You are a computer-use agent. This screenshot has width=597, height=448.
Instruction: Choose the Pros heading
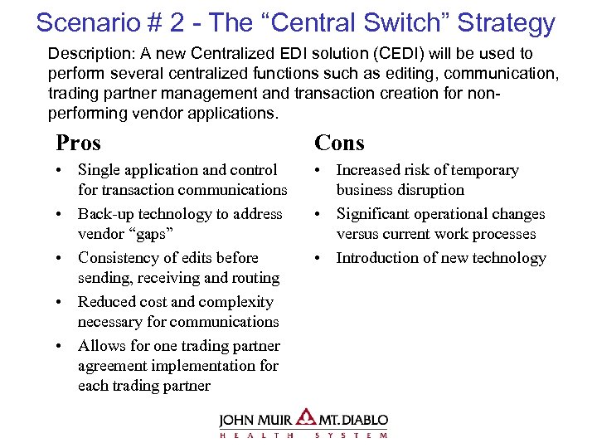pos(78,143)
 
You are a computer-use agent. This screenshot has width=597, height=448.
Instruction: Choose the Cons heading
pos(339,143)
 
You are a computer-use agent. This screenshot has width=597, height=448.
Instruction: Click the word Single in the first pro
pos(99,170)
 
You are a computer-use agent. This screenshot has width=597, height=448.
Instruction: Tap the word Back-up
pos(107,214)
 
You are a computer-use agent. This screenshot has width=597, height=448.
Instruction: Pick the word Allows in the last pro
pos(102,346)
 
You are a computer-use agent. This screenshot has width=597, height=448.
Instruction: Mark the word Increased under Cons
pos(370,170)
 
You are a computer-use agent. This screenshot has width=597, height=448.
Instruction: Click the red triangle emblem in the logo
pos(305,417)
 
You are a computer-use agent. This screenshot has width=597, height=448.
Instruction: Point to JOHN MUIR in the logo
pos(255,420)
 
